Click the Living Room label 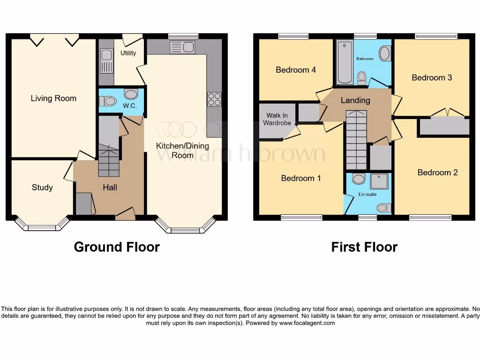pos(53,98)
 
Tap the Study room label pos(42,187)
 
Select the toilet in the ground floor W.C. pos(108,100)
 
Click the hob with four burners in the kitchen pos(214,99)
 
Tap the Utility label pos(128,53)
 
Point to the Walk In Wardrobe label pos(277,119)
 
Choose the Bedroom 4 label pos(295,70)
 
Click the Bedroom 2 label pos(437,172)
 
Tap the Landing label pos(355,100)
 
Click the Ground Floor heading pos(117,247)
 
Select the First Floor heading pos(364,247)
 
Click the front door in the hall pos(125,215)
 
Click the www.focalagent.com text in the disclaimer pos(307,323)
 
